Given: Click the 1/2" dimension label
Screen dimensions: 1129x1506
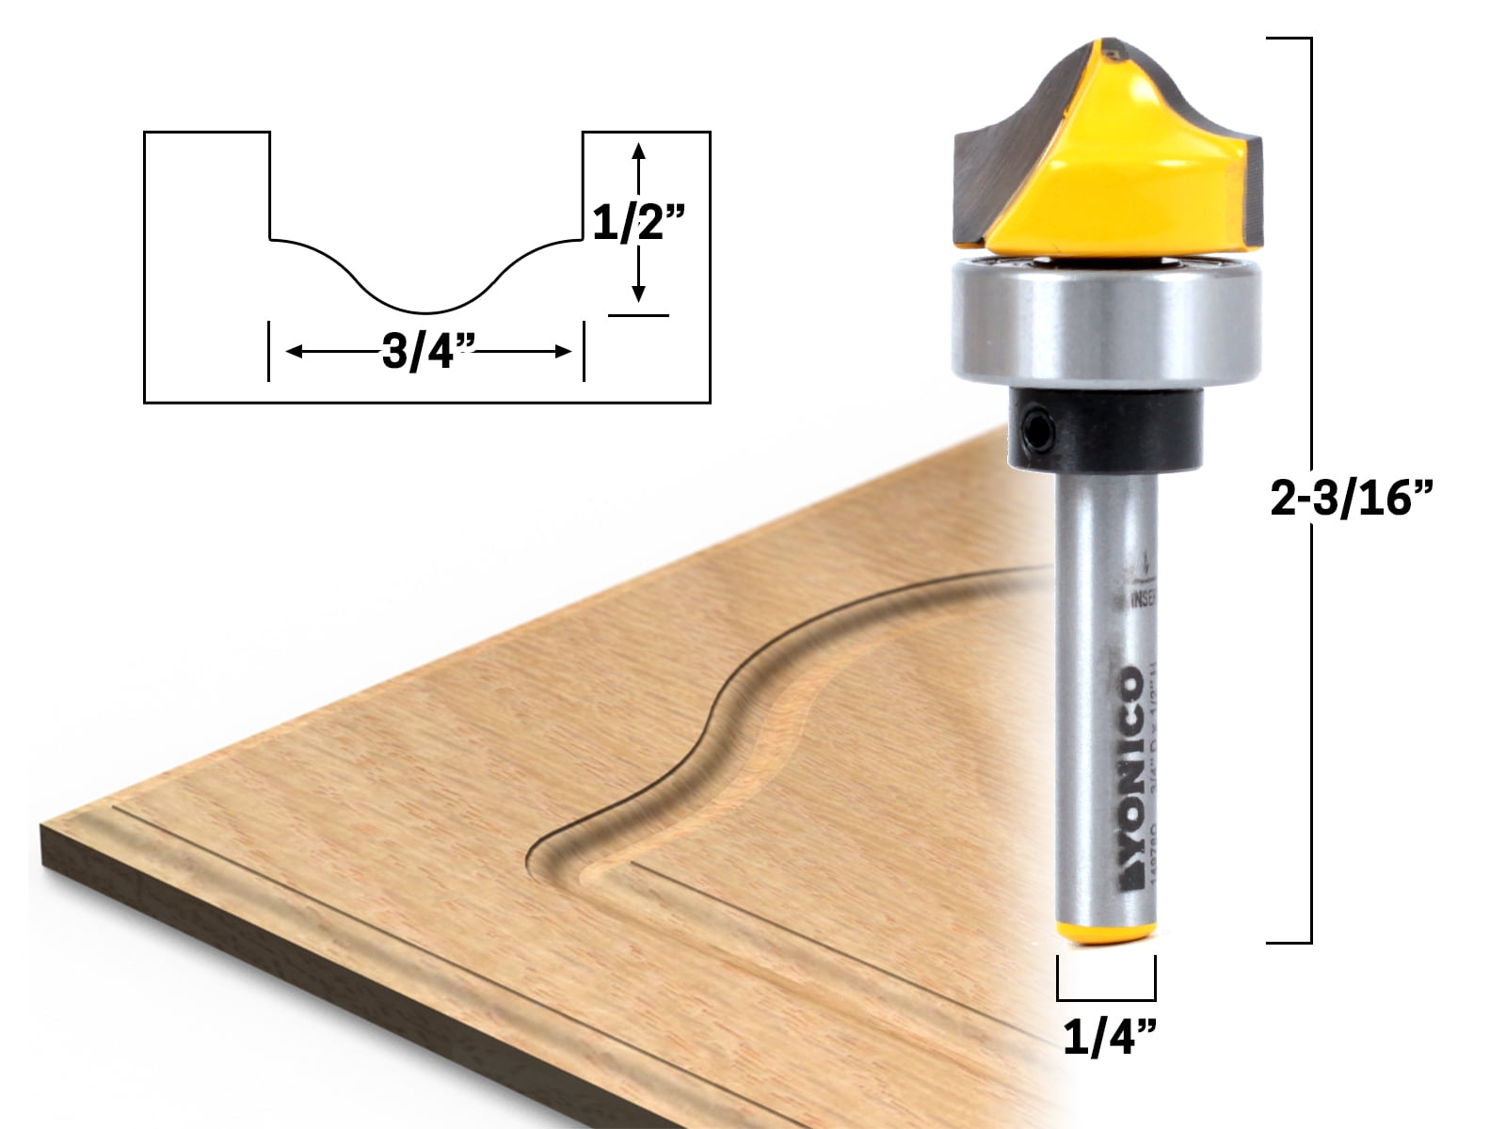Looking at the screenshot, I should click(x=637, y=226).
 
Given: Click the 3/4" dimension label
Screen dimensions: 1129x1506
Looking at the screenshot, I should click(x=426, y=354).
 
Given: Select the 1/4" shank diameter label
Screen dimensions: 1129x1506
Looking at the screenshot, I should click(x=1109, y=1039).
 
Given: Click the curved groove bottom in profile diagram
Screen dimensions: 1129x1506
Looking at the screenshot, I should click(x=426, y=310).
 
